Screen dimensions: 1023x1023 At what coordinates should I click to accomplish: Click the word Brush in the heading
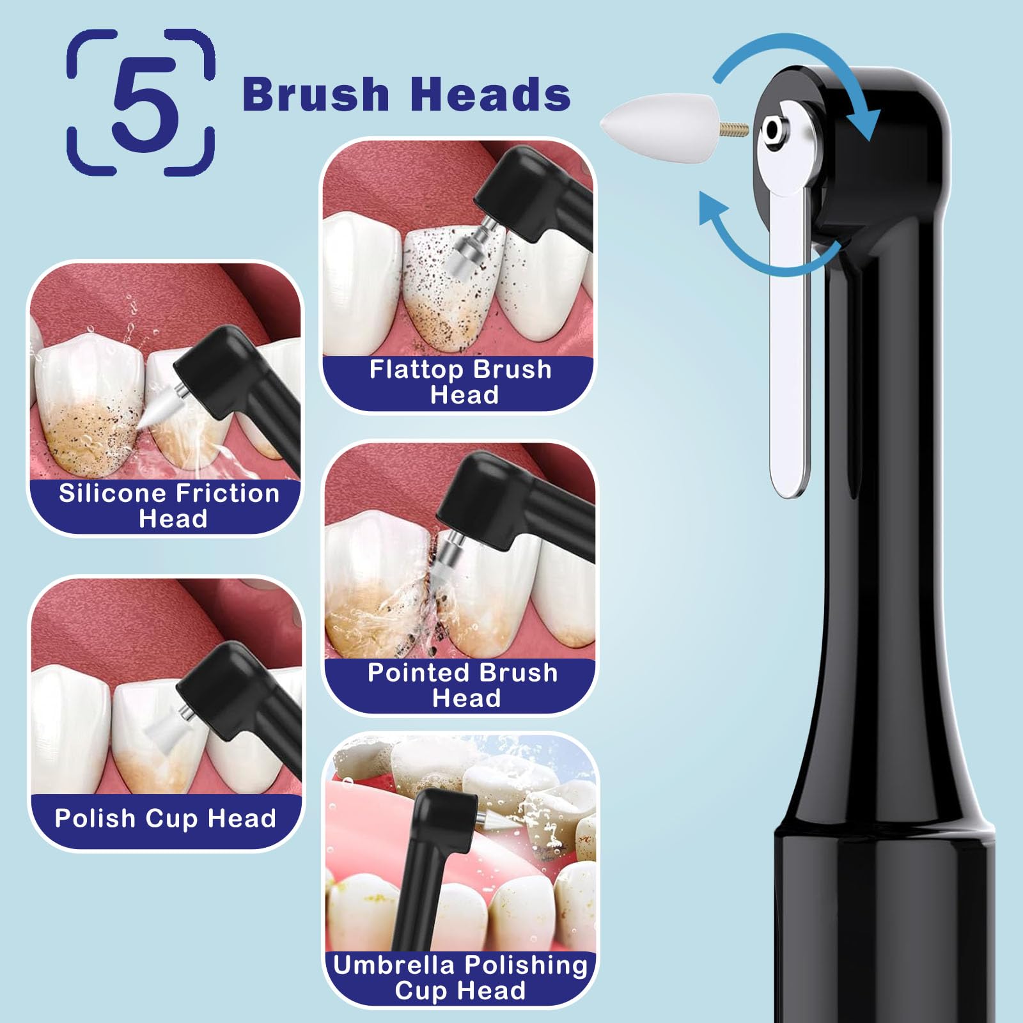(x=316, y=94)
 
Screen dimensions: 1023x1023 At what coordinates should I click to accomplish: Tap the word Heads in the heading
(x=490, y=94)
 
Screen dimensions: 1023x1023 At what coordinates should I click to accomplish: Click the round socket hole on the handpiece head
(x=774, y=130)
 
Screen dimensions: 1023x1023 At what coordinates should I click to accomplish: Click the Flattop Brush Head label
(x=460, y=382)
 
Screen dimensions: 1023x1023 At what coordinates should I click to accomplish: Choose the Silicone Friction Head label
(x=169, y=505)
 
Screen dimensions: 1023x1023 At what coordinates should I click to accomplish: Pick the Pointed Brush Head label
(x=463, y=685)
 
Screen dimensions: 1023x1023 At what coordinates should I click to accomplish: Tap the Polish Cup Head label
(x=165, y=818)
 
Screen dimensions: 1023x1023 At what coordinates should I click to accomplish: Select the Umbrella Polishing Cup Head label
(x=460, y=978)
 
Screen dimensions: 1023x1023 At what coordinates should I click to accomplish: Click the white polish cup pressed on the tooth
(x=163, y=729)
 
